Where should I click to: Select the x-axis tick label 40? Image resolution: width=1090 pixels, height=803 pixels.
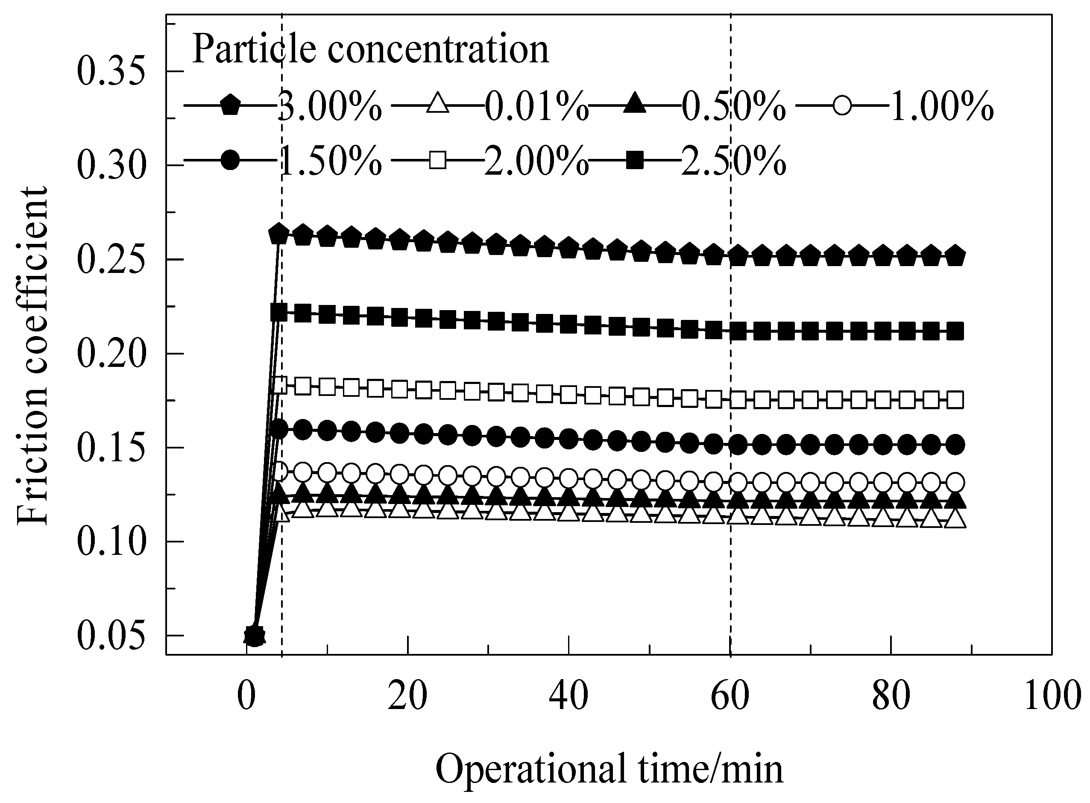568,696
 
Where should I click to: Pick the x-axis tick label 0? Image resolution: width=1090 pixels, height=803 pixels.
247,696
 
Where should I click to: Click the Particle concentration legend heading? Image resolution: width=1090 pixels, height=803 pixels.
370,49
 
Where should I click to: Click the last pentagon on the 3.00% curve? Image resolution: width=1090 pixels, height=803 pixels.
956,256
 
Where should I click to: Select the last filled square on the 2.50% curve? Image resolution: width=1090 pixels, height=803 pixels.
956,332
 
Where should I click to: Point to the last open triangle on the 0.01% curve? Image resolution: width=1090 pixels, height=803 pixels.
956,520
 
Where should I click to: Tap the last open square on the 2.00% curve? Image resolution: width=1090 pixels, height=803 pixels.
956,400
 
